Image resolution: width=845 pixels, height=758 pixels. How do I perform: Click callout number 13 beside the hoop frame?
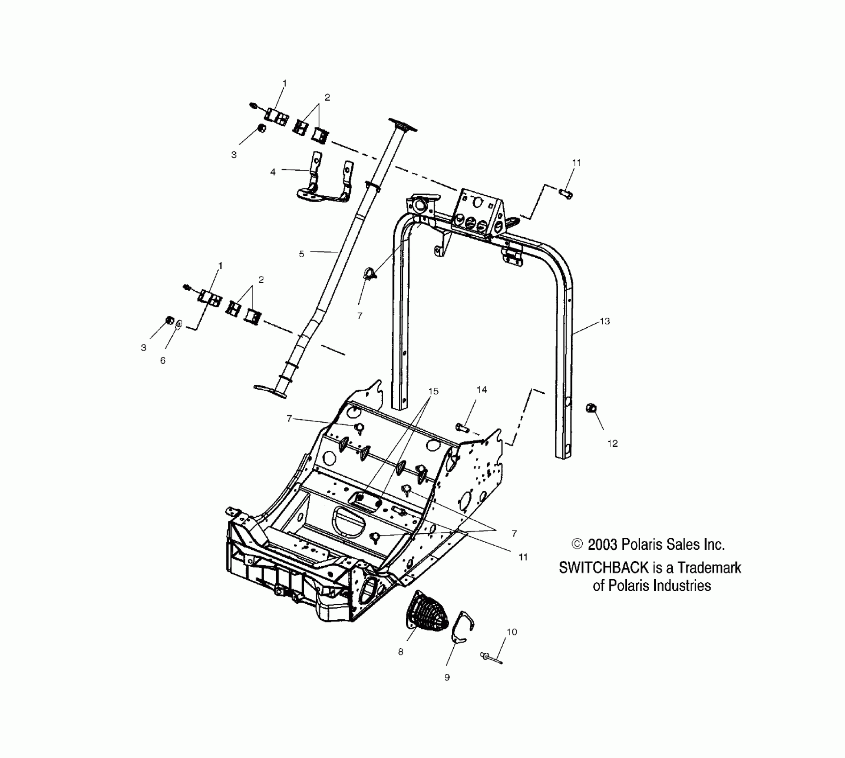tap(605, 321)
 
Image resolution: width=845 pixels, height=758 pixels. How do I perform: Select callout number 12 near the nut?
tap(612, 443)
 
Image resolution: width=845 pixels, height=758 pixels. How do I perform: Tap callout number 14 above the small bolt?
tap(481, 390)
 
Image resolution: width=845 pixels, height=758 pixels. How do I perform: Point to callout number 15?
tap(433, 391)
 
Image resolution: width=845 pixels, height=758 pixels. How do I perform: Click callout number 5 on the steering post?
tap(302, 254)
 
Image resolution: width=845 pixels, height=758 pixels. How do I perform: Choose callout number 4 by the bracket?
tap(273, 172)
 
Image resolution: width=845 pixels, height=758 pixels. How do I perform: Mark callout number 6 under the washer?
tap(163, 360)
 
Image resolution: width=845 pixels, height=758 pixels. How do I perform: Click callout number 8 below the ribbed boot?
tap(401, 652)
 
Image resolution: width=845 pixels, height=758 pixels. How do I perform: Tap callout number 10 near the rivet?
tap(512, 632)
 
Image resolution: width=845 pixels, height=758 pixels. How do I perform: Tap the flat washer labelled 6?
tap(178, 324)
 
